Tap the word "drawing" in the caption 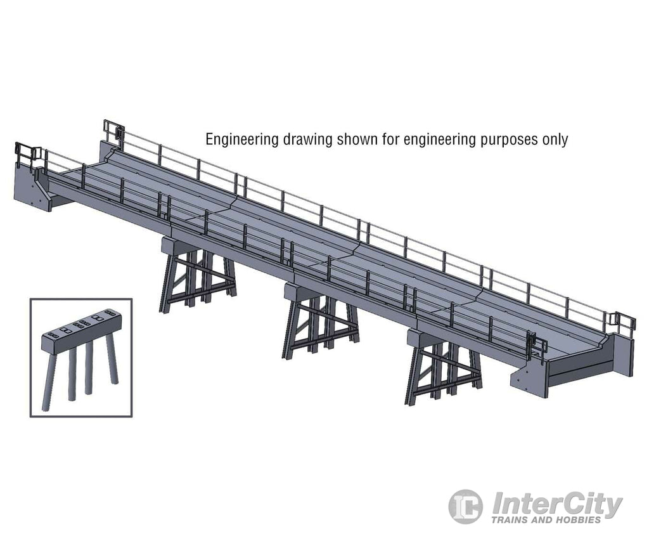305,140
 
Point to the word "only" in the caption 555,140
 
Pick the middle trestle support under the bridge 320,327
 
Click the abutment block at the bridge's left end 32,188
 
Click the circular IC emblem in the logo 466,506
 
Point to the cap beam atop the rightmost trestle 423,339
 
